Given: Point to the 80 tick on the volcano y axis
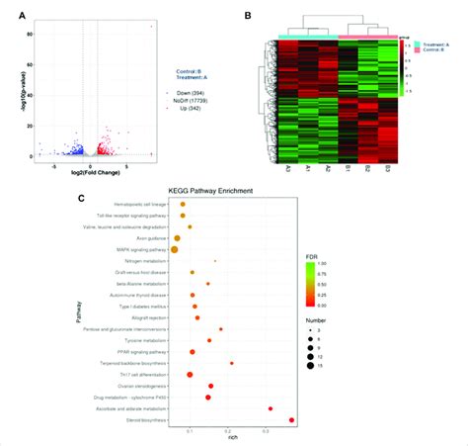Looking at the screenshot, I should (31, 36).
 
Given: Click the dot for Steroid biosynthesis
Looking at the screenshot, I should (291, 420).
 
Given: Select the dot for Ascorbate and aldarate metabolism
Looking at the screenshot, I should (271, 407).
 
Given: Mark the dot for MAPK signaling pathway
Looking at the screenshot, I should (175, 249).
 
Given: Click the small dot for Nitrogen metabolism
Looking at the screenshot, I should (215, 261).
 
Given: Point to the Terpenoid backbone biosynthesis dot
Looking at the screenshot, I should (231, 363).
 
